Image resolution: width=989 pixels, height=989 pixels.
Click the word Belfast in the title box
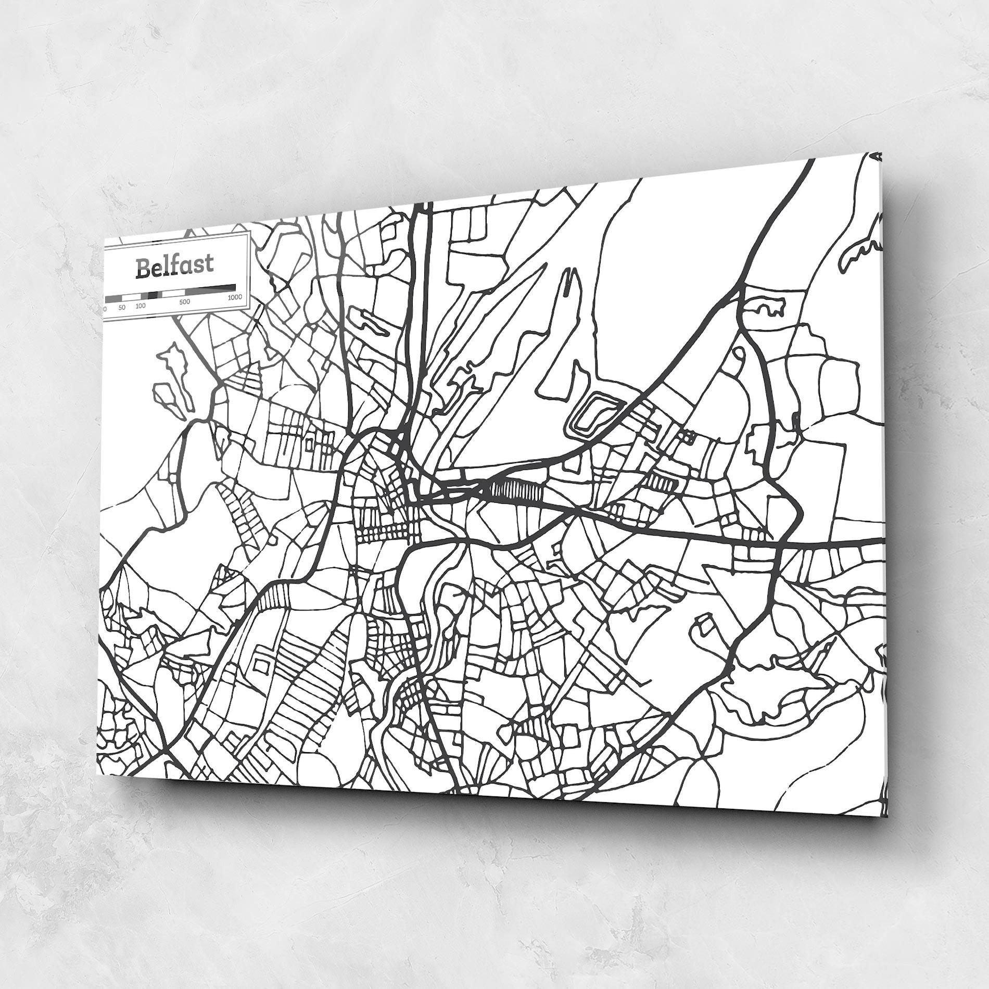[174, 267]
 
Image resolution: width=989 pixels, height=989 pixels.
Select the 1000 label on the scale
[234, 298]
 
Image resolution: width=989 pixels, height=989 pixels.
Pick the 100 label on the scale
[141, 306]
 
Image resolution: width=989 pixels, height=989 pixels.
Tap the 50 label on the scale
[122, 307]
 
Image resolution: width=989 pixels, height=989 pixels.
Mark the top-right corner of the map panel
[881, 153]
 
